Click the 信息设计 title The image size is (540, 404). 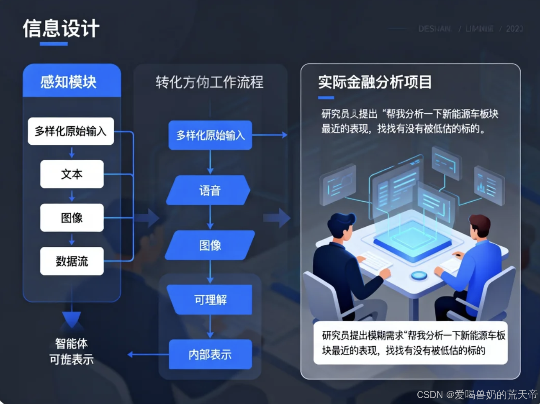pos(61,29)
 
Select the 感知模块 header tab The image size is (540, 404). pos(69,82)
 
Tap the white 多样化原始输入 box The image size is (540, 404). pos(71,131)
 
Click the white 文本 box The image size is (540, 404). pos(72,174)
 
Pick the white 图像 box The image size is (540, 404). pos(72,217)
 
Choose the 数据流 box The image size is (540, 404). pos(72,261)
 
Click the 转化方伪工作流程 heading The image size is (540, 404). pos(209,82)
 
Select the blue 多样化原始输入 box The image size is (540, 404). pos(210,135)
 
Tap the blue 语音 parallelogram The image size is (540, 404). pos(209,190)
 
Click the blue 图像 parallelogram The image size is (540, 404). pos(210,245)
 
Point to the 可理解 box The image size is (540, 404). pos(211,299)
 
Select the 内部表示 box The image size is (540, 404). pos(210,355)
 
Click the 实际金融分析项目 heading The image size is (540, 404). pos(375,82)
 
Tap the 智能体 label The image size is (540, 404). pos(72,344)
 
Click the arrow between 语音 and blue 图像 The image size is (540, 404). pos(210,217)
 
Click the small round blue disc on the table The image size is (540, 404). pos(419,275)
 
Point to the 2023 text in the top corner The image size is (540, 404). pos(514,29)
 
